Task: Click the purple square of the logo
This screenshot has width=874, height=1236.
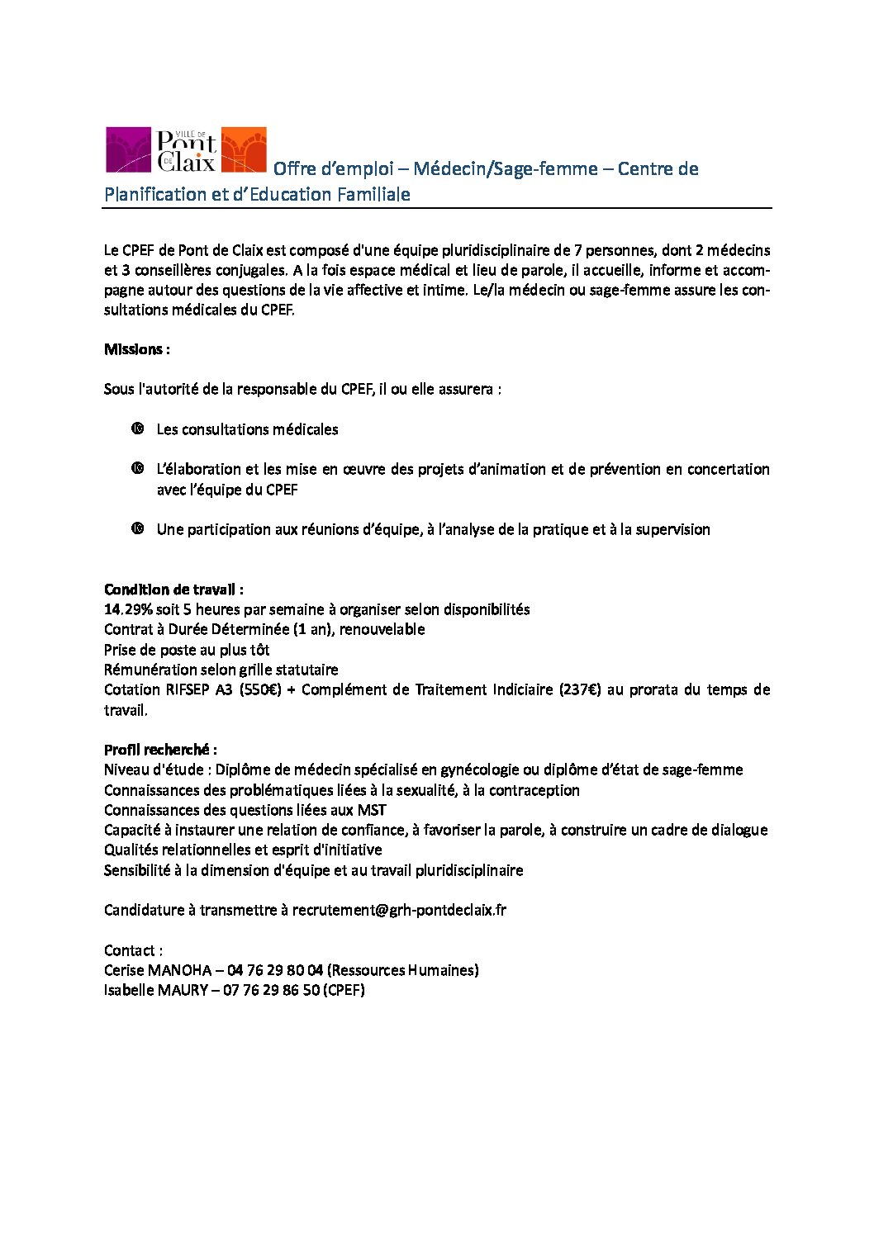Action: coord(128,149)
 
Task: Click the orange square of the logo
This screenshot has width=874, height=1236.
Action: coord(245,149)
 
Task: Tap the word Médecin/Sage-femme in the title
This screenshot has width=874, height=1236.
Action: coord(505,168)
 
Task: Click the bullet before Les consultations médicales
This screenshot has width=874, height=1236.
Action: coord(137,429)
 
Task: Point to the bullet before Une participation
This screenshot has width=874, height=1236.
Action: coord(137,528)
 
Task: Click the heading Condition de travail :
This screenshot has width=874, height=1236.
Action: coord(173,590)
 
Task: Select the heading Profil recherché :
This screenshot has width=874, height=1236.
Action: coord(160,750)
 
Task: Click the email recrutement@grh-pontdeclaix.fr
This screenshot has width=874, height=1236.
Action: coord(399,910)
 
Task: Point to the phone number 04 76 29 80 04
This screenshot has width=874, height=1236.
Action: coord(274,970)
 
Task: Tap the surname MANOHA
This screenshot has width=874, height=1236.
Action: coord(179,970)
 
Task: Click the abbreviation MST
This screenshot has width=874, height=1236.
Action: coord(371,810)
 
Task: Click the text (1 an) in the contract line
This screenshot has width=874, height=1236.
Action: coord(287,629)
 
